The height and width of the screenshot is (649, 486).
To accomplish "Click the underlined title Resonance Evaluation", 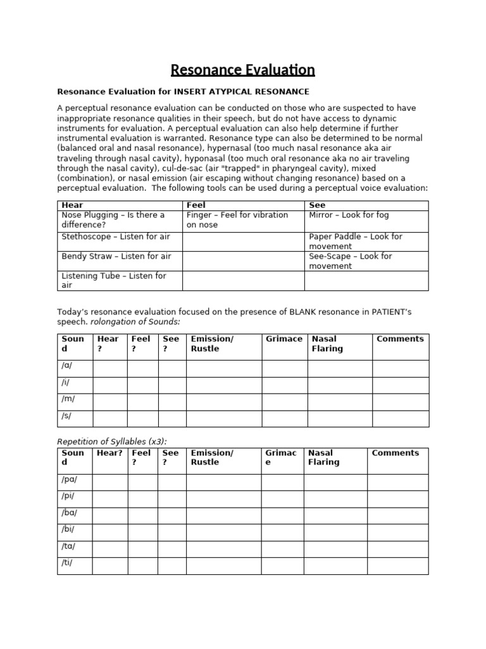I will pyautogui.click(x=243, y=69).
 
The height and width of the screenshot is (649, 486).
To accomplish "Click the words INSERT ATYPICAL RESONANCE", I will pyautogui.click(x=242, y=92).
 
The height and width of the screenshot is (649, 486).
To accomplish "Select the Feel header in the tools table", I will pyautogui.click(x=196, y=205).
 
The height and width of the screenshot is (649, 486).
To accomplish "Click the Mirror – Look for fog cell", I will pyautogui.click(x=349, y=215).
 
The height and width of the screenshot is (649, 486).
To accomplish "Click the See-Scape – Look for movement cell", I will pyautogui.click(x=351, y=261).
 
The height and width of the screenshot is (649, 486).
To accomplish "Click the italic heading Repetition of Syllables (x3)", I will pyautogui.click(x=112, y=441).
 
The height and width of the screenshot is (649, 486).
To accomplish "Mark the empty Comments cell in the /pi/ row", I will pyautogui.click(x=397, y=499).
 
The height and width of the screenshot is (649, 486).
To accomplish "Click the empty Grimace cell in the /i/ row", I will pyautogui.click(x=284, y=385).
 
